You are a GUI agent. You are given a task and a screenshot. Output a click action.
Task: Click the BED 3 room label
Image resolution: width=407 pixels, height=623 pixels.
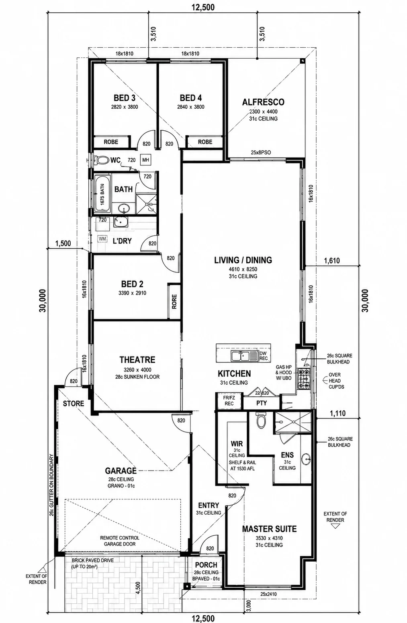(125, 98)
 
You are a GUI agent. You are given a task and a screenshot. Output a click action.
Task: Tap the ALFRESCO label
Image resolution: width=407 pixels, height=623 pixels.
(263, 102)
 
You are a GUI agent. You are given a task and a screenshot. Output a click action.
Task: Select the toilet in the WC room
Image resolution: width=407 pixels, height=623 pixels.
(101, 160)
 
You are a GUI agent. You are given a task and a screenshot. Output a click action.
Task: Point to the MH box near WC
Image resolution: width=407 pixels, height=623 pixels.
(145, 160)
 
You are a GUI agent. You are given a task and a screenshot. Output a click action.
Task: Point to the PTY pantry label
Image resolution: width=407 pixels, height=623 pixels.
(262, 403)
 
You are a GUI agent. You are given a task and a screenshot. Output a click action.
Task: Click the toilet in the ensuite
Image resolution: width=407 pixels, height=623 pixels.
(261, 420)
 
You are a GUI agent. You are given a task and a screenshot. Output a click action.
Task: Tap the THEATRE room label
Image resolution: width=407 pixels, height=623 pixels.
(137, 359)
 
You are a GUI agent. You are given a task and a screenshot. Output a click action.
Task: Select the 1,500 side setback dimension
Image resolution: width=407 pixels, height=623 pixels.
(63, 244)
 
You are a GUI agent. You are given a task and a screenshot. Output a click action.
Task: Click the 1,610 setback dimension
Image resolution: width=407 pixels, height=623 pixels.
(332, 261)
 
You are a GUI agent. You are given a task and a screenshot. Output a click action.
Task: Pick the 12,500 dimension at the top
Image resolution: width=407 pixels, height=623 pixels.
(203, 7)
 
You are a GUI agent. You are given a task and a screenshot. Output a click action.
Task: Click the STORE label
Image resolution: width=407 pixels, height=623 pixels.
(73, 403)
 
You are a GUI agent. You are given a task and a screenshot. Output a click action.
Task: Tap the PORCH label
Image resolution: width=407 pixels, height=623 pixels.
(206, 565)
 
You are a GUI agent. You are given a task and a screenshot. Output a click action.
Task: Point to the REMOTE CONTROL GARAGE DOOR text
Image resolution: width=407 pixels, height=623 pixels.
(120, 541)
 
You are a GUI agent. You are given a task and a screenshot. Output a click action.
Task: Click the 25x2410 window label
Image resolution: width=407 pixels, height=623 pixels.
(268, 594)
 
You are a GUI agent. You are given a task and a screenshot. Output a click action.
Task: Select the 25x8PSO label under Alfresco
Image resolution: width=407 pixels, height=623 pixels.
(261, 152)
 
